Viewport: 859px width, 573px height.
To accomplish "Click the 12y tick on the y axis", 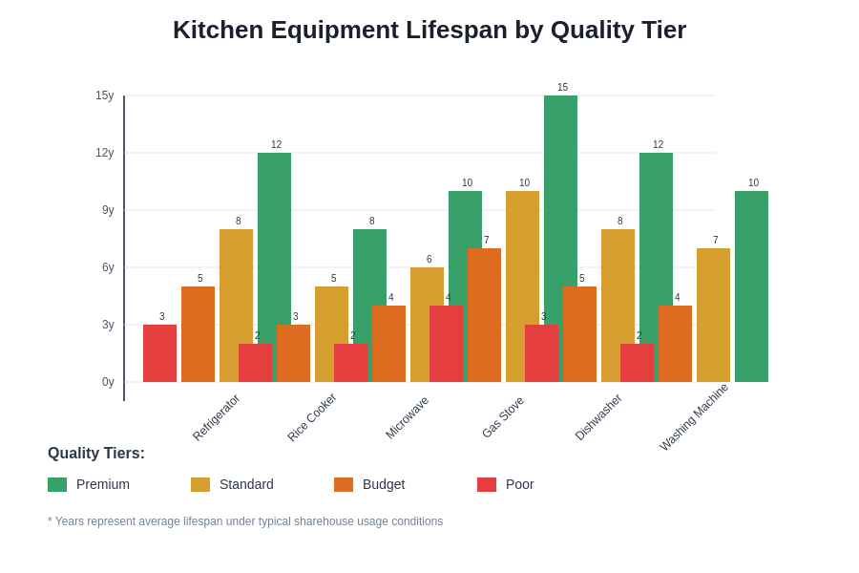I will pos(104,153).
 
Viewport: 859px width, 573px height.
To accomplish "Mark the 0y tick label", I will pos(108,382).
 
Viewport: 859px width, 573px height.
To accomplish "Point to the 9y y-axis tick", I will pos(108,210).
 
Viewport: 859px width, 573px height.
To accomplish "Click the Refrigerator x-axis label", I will pos(217,417).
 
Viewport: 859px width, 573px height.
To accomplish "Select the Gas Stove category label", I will pos(503,417).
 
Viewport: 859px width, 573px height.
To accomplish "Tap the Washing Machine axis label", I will pos(694,417).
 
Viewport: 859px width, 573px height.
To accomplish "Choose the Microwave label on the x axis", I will pos(408,417).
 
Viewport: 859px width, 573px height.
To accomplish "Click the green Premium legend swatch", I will pos(57,484).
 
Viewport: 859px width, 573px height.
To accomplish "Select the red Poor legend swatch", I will pos(487,484).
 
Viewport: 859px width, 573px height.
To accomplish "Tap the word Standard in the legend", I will pos(246,484).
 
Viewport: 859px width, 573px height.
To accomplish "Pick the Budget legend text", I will pos(384,484).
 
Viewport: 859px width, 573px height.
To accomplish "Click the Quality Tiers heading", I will pos(96,454).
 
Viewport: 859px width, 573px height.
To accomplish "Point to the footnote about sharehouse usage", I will pos(245,521).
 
